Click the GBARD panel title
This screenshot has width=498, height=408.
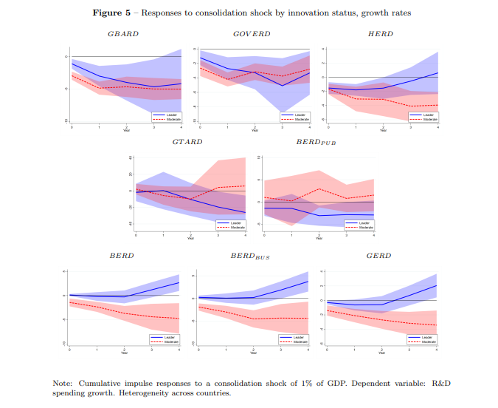point(123,34)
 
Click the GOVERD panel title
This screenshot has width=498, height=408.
point(252,34)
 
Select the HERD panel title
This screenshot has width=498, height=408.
point(380,34)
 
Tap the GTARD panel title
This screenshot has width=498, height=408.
point(187,142)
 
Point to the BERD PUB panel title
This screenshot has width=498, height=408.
point(316,142)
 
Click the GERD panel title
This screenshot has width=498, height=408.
point(379,255)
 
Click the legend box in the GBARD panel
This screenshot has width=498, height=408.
point(166,117)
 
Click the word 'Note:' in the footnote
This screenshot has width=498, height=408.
point(63,383)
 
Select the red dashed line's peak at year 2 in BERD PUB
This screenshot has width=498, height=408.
point(319,188)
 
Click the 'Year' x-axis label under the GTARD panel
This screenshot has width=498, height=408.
point(190,238)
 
